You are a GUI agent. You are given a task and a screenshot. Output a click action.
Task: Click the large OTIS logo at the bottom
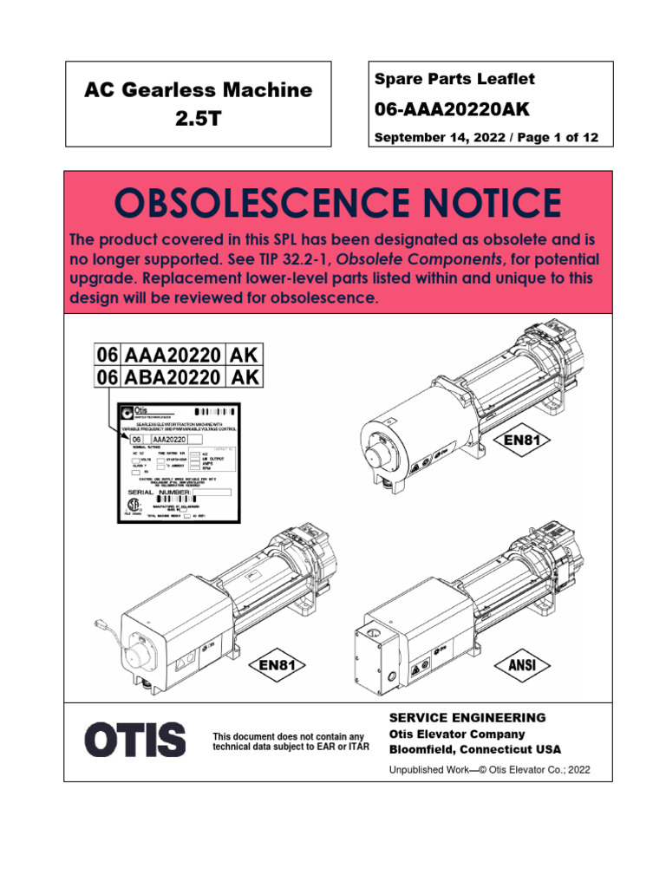pos(134,740)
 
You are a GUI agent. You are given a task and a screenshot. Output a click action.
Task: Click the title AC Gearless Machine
pos(198,89)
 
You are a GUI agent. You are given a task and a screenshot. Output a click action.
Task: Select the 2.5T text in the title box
pos(198,119)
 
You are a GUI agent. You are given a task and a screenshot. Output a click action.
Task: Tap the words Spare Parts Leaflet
pos(454,79)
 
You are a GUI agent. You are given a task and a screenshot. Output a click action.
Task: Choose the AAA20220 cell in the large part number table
pos(172,354)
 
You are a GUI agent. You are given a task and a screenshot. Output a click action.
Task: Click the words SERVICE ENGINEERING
pos(467,717)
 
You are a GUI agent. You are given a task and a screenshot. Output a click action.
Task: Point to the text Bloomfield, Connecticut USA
pos(474,749)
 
